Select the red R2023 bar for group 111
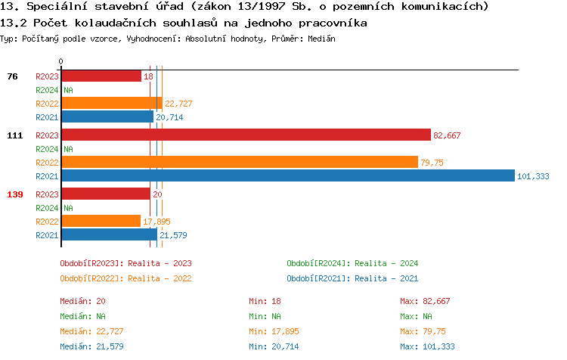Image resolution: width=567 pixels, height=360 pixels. [x=246, y=135]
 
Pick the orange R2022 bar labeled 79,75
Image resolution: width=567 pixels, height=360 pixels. [x=239, y=162]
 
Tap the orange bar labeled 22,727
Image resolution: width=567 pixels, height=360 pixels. [x=111, y=104]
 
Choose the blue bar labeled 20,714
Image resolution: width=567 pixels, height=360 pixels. [x=107, y=117]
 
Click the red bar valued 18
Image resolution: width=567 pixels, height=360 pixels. [x=101, y=76]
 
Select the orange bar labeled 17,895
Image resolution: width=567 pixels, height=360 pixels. [x=101, y=221]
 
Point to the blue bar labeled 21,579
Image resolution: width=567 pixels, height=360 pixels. [x=109, y=234]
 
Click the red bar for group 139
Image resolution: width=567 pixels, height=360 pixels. [x=105, y=194]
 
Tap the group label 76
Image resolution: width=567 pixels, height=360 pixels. [x=12, y=76]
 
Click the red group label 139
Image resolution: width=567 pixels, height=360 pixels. [x=14, y=194]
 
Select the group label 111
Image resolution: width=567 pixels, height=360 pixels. [x=14, y=135]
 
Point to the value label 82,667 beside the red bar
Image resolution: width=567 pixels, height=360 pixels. [x=447, y=135]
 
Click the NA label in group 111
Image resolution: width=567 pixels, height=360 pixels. [x=68, y=149]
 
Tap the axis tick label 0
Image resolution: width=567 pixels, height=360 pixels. [x=60, y=62]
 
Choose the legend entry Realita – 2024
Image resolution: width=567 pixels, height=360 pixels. [x=352, y=263]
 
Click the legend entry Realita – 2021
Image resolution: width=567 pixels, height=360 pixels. [x=352, y=278]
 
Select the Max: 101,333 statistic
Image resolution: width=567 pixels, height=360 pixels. [x=428, y=346]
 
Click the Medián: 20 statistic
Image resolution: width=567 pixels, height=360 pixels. [x=83, y=301]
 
